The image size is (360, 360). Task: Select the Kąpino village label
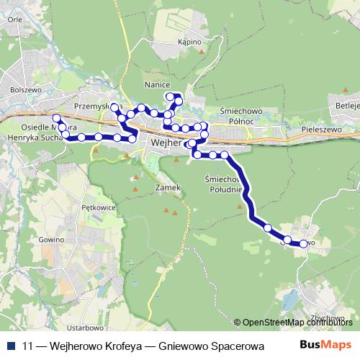pyautogui.click(x=188, y=42)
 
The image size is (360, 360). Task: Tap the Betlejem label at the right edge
pyautogui.click(x=346, y=104)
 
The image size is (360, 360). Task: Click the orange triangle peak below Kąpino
pyautogui.click(x=204, y=53)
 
